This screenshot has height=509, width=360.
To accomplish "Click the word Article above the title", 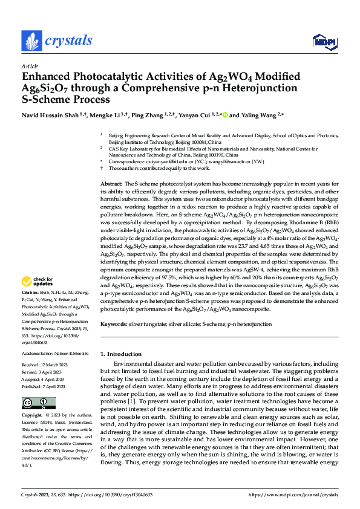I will point(30,66).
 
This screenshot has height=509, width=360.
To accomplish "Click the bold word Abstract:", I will point(111,166).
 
